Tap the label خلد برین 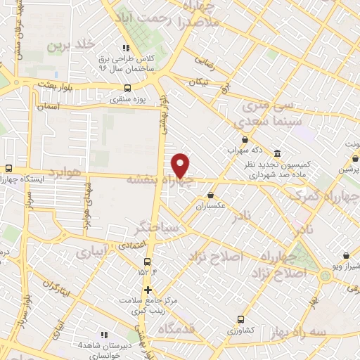[x=70, y=46]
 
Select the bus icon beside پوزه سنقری [x=127, y=88]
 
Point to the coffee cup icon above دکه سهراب [x=245, y=139]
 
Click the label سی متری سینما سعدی [x=271, y=114]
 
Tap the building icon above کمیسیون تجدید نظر [x=276, y=154]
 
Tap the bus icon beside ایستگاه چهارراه [x=8, y=169]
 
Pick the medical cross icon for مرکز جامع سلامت [x=147, y=289]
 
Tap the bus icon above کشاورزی [x=240, y=319]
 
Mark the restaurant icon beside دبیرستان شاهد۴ [x=104, y=335]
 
